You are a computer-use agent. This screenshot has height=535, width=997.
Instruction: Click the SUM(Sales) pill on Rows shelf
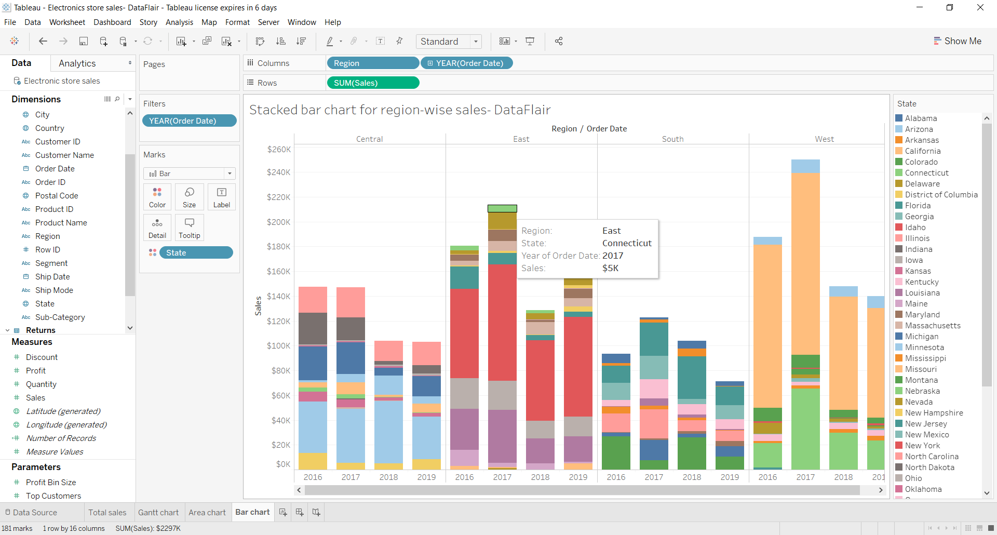coord(372,83)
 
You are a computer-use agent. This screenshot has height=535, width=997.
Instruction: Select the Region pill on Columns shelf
coord(372,63)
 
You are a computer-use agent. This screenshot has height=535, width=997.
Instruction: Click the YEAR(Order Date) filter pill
coord(189,121)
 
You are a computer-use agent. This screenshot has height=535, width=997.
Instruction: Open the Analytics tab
coord(77,63)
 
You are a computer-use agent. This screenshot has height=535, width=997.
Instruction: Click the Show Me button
coord(958,41)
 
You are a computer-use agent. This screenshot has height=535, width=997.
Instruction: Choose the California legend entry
coord(922,151)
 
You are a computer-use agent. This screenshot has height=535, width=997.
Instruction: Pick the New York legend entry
coord(922,446)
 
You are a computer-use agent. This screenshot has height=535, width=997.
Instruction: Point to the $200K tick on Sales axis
coord(279,222)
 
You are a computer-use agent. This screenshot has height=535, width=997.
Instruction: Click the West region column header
coord(824,139)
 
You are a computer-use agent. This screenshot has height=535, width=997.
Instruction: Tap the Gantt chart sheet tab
coord(158,513)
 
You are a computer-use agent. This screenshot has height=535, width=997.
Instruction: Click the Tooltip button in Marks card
coord(189,228)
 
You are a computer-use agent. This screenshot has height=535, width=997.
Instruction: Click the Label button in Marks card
coord(222,197)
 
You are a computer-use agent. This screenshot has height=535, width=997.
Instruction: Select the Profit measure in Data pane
coord(36,371)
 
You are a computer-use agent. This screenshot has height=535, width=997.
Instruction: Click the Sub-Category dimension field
coord(60,317)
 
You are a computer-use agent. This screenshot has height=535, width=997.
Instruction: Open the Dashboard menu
coord(112,22)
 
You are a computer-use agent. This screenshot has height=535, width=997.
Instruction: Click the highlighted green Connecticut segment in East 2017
coord(502,209)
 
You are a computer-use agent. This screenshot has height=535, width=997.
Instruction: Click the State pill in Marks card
coord(196,253)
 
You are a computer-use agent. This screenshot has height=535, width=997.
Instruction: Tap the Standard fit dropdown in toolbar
coord(449,42)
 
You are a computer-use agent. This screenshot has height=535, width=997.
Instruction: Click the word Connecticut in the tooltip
coord(627,243)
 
